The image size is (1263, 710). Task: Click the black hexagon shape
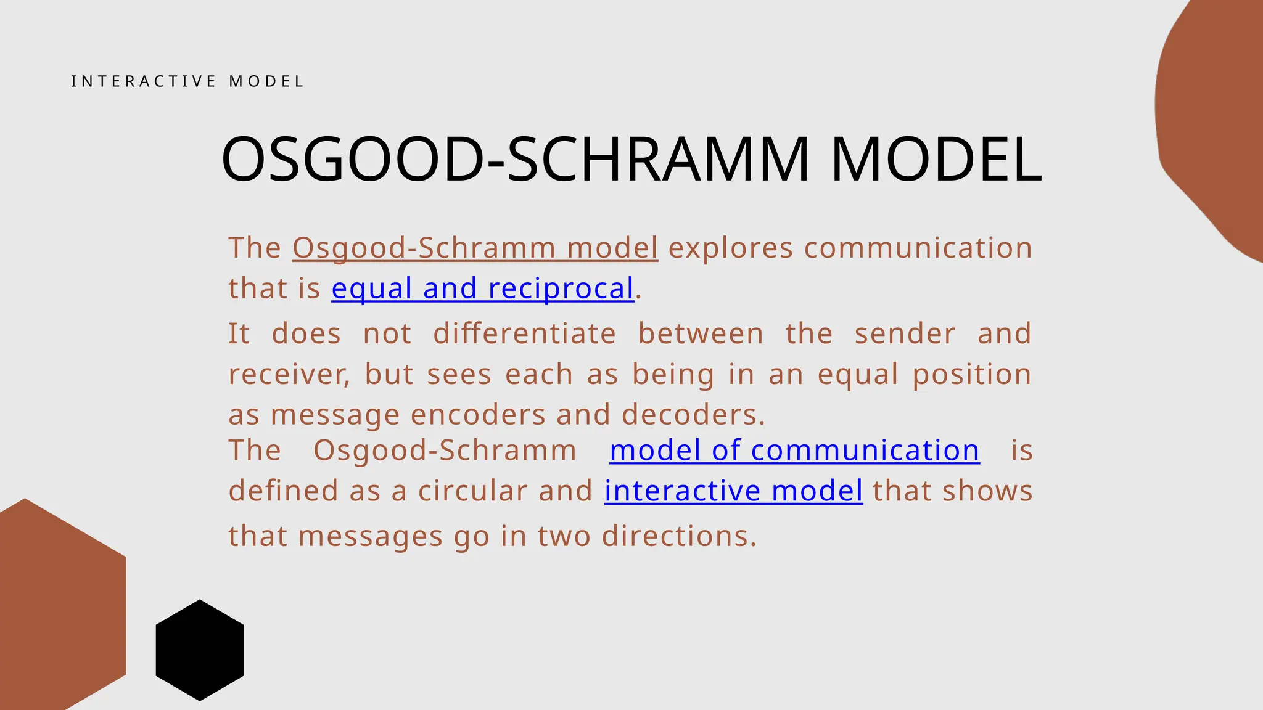[x=199, y=650]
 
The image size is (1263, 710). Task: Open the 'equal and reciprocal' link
[x=482, y=288]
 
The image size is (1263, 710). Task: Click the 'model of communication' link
[x=794, y=451]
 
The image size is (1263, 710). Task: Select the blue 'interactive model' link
[x=733, y=491]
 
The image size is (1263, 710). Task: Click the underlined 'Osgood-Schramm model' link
[x=475, y=248]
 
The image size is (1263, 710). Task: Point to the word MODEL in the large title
[x=936, y=160]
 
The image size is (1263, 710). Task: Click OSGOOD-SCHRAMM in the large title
[x=515, y=160]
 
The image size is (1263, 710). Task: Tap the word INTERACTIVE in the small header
[x=144, y=81]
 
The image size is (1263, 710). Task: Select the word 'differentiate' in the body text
[x=524, y=334]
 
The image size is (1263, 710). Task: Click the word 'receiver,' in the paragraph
[x=289, y=375]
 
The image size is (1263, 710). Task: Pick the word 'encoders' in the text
[x=478, y=415]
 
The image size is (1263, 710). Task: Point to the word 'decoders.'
[x=693, y=415]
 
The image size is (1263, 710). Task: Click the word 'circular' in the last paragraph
[x=472, y=491]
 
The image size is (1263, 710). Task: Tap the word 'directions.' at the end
[x=678, y=536]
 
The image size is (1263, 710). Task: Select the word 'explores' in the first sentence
[x=731, y=248]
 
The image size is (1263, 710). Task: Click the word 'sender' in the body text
[x=905, y=334]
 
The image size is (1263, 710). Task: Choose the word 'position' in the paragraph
[x=971, y=375]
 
